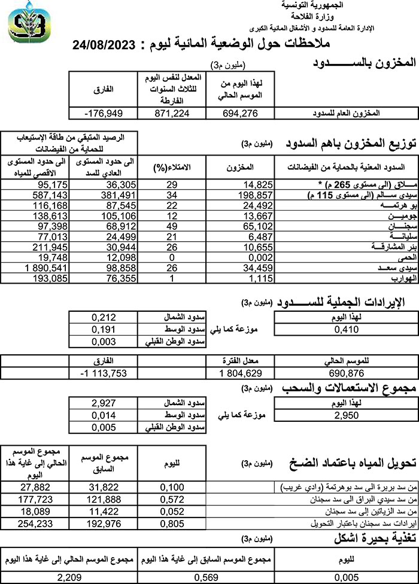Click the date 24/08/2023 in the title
(x=110, y=44)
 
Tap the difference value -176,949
(x=100, y=112)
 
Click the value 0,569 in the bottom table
(x=209, y=577)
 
